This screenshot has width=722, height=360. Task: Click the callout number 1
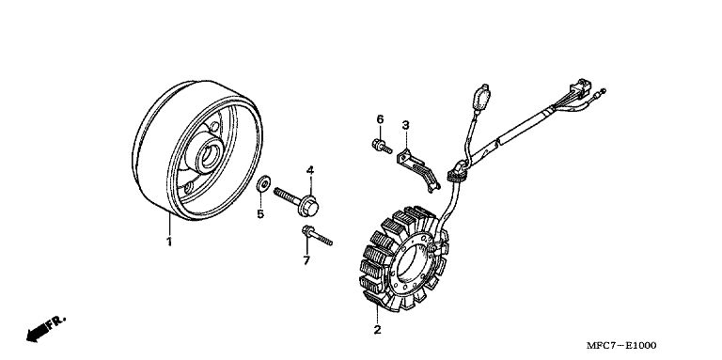[x=169, y=242]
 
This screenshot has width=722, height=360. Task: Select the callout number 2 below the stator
[x=378, y=330]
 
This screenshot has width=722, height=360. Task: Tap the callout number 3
[x=405, y=125]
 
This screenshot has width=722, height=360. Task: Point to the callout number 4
[x=310, y=170]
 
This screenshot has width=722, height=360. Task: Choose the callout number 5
[x=260, y=213]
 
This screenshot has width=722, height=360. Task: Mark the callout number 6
[x=380, y=119]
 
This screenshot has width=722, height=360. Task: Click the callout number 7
[x=306, y=260]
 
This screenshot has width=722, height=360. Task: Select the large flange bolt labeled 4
[x=296, y=201]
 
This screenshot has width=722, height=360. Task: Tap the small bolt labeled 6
[x=382, y=147]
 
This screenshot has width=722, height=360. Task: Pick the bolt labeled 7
[x=317, y=235]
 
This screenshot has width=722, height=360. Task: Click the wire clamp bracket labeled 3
[x=418, y=168]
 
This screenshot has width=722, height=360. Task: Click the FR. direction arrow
[x=45, y=328]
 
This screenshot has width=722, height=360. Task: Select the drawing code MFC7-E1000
[x=621, y=345]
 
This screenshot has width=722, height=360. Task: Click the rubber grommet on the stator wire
[x=457, y=171]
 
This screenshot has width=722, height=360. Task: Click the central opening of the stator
[x=411, y=261]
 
